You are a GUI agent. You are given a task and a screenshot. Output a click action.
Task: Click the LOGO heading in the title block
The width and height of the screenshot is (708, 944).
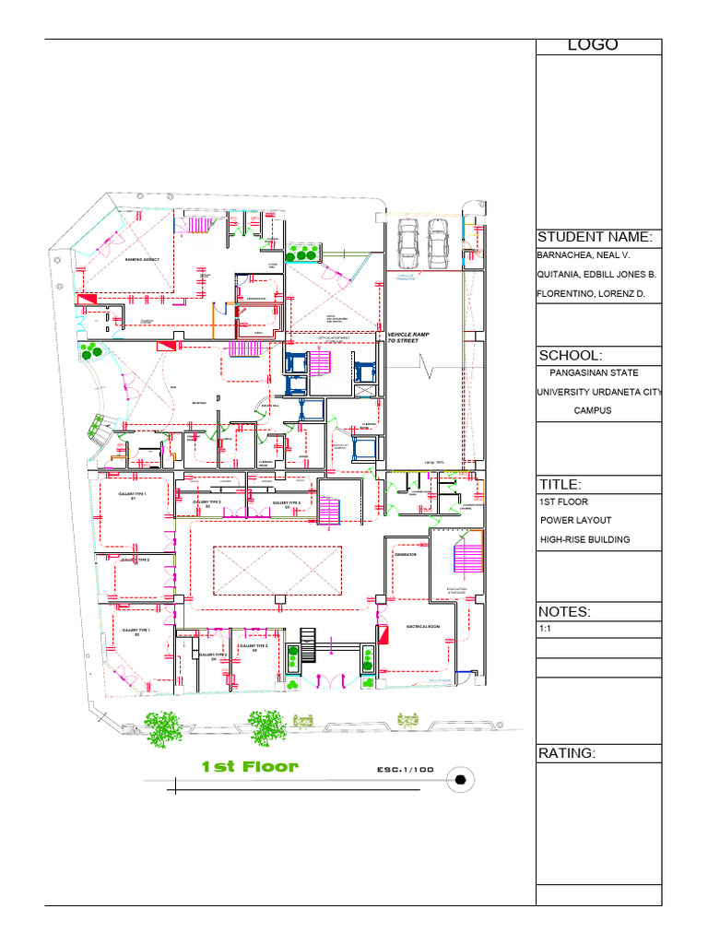pyautogui.click(x=593, y=45)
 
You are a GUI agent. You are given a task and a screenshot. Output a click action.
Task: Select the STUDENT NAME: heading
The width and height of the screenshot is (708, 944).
pyautogui.click(x=595, y=237)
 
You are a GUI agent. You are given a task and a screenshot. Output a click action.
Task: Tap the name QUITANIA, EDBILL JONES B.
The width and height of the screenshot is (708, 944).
pyautogui.click(x=596, y=275)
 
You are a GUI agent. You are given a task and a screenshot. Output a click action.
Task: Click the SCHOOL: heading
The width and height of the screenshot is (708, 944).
pyautogui.click(x=570, y=356)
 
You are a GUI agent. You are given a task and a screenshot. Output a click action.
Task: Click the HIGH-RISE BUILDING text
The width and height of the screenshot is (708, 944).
pyautogui.click(x=584, y=539)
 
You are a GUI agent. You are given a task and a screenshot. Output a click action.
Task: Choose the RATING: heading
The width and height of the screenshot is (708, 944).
pyautogui.click(x=567, y=754)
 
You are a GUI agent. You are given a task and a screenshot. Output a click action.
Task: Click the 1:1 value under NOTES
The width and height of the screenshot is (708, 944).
pyautogui.click(x=544, y=629)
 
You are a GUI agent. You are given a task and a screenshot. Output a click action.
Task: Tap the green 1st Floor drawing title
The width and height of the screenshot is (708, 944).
pyautogui.click(x=250, y=767)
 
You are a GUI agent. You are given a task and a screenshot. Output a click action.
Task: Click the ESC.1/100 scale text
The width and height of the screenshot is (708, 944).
pyautogui.click(x=405, y=770)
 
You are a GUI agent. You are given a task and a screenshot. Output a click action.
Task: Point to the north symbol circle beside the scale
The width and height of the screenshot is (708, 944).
pyautogui.click(x=460, y=781)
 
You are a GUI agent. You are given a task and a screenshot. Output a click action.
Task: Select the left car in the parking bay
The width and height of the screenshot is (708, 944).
pyautogui.click(x=407, y=243)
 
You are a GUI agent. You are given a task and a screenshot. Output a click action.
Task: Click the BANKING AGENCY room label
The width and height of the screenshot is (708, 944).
pyautogui.click(x=142, y=260)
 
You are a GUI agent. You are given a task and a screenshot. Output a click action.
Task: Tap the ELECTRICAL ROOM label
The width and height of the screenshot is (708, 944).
pyautogui.click(x=423, y=627)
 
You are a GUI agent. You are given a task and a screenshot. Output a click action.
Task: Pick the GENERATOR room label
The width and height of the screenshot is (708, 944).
pyautogui.click(x=406, y=555)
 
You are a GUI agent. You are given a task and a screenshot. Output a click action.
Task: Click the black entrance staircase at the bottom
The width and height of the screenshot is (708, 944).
pyautogui.click(x=308, y=643)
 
